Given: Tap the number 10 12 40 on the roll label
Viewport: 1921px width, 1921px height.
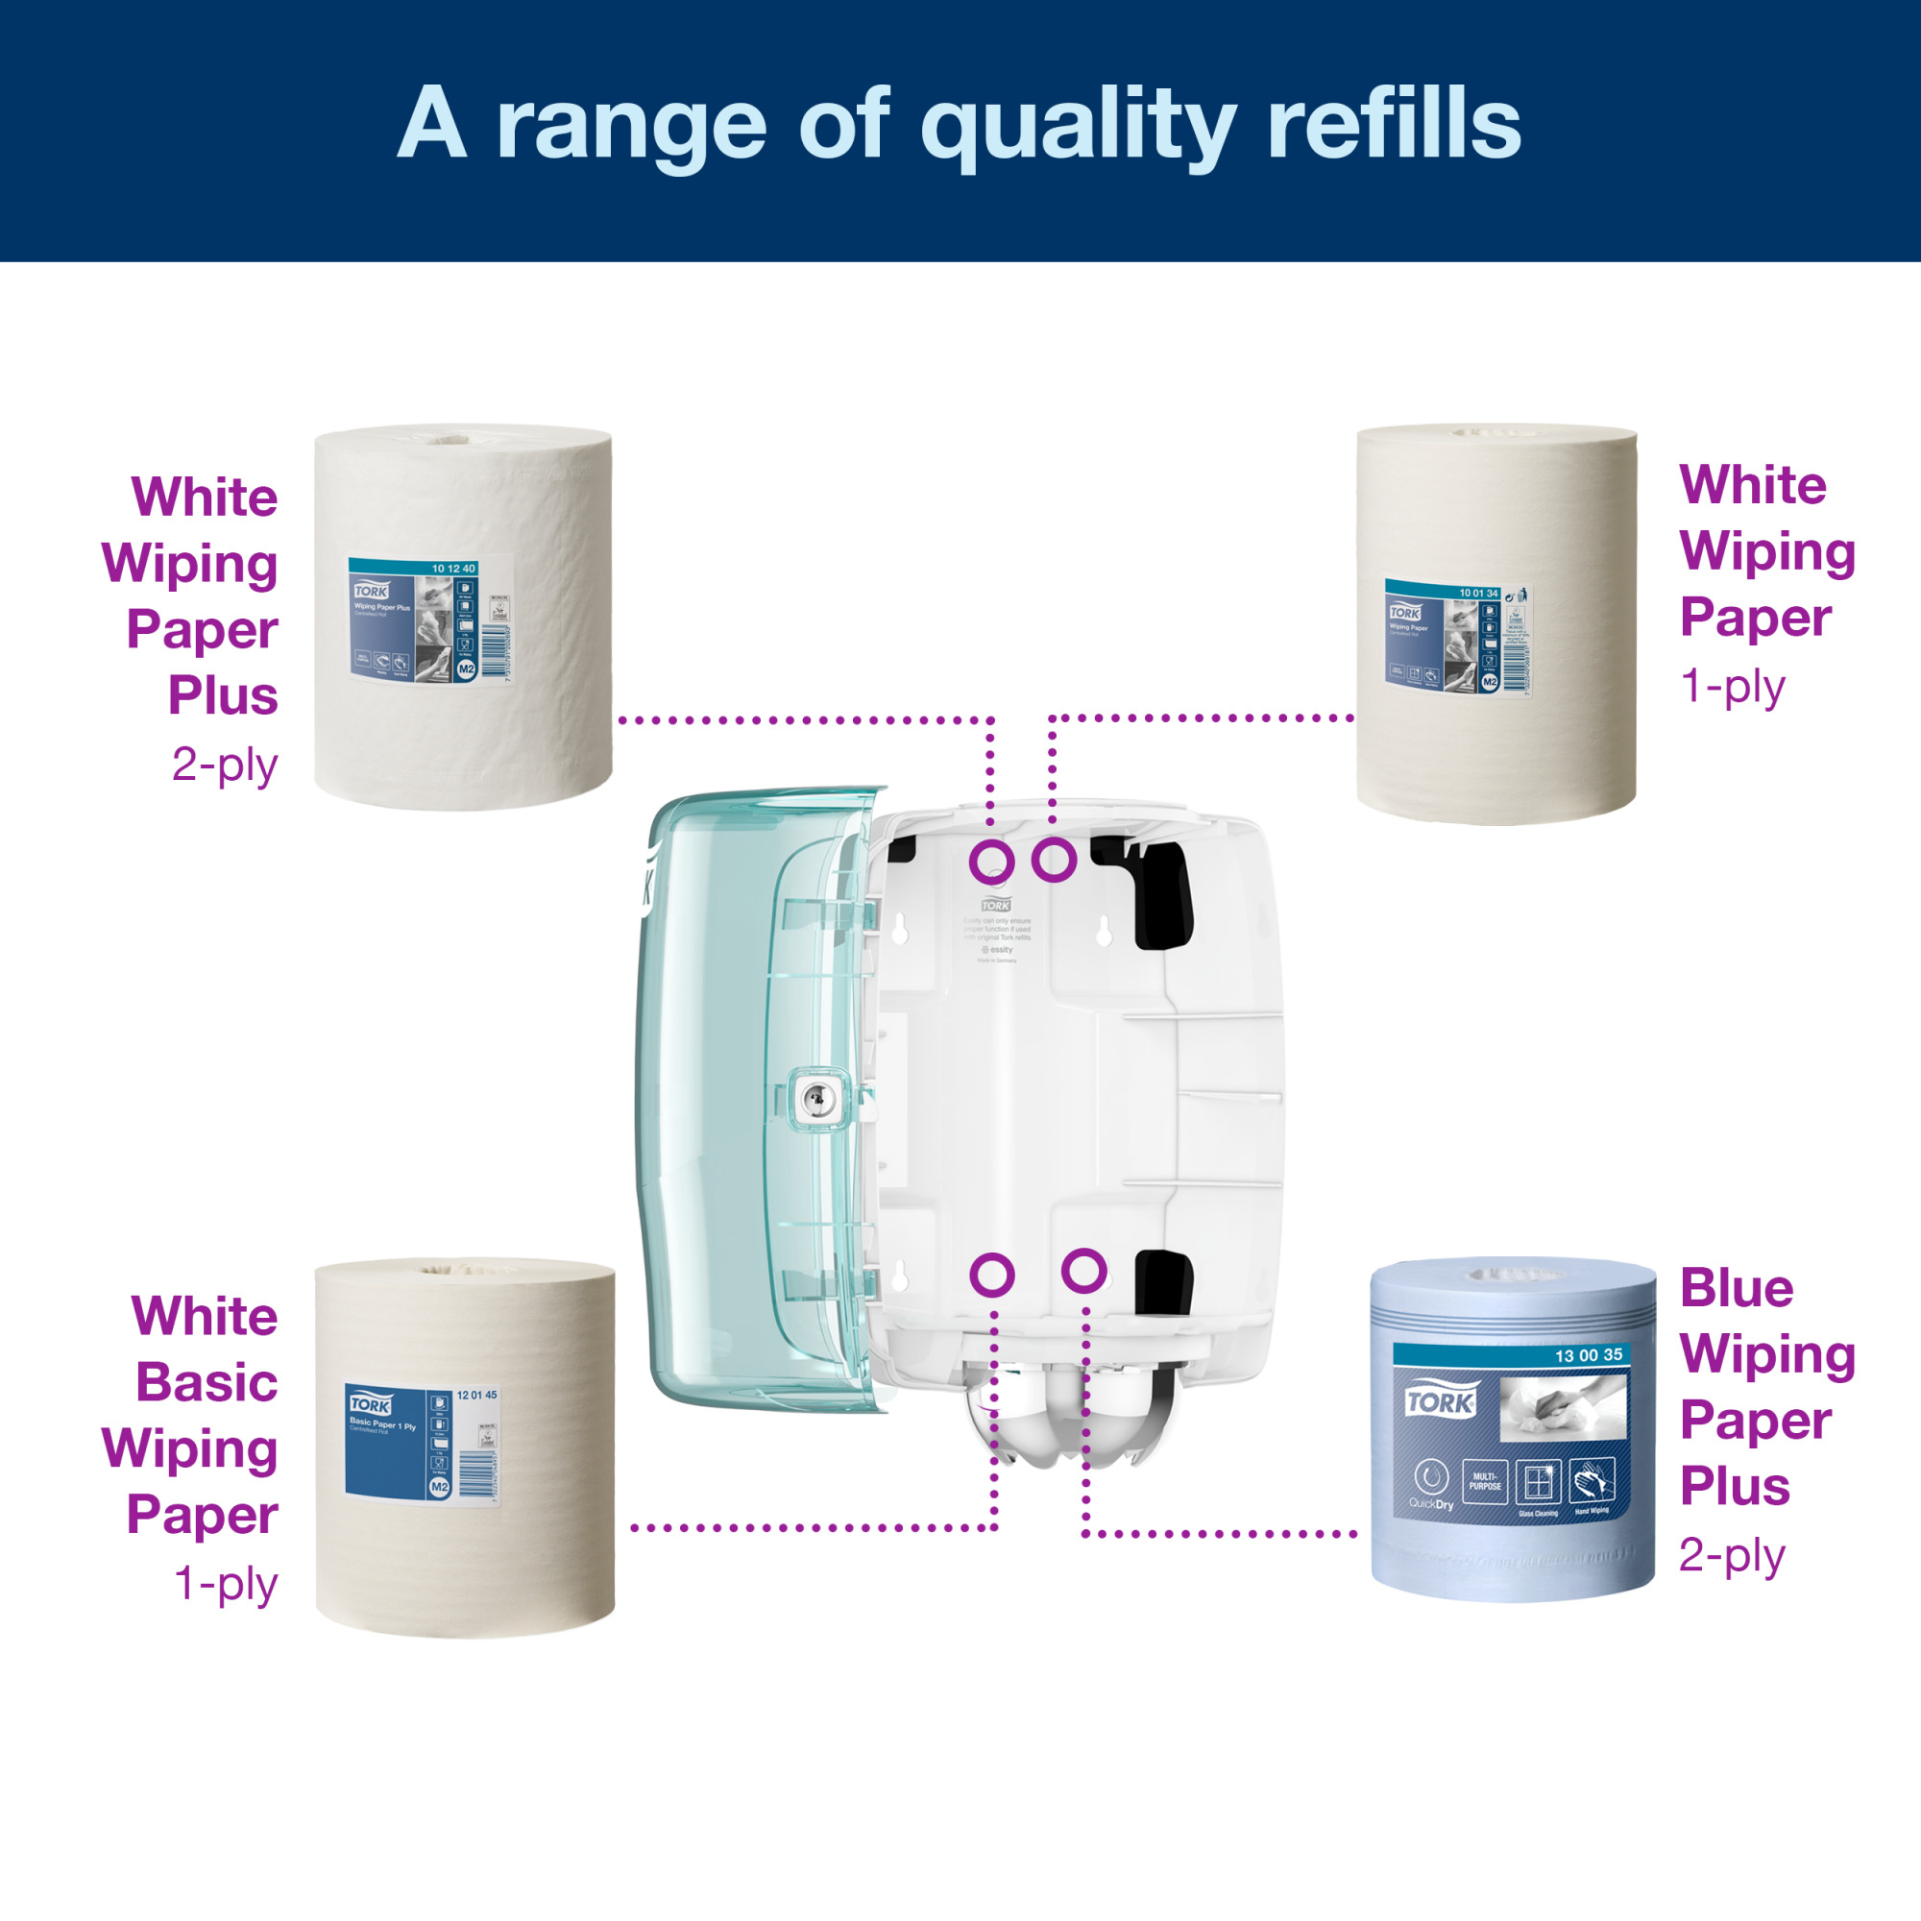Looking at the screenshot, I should click(453, 569).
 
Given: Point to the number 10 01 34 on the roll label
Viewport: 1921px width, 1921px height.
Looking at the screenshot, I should click(1477, 593).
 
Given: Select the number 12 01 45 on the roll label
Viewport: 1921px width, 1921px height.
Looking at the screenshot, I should click(476, 1395).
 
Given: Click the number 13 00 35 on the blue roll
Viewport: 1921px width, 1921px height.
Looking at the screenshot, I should click(1588, 1355).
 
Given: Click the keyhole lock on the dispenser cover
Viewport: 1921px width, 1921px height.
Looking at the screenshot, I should click(816, 1098).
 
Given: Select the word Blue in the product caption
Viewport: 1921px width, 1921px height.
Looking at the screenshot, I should click(1736, 1290).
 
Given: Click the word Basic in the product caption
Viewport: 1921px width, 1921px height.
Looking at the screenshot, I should click(207, 1383).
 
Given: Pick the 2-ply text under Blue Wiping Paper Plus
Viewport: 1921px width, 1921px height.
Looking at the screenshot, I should click(1731, 1556).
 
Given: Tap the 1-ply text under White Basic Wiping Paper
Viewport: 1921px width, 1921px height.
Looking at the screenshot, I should click(226, 1584).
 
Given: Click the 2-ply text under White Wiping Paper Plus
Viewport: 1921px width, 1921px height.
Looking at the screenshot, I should click(225, 765).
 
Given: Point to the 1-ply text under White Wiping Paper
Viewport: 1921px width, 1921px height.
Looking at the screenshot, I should click(1732, 686).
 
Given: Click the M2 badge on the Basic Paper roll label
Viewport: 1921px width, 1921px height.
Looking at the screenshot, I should click(440, 1487).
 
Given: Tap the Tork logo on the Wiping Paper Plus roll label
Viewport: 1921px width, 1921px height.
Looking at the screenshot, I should click(371, 591).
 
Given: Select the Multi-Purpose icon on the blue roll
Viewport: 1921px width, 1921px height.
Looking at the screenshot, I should click(1486, 1481).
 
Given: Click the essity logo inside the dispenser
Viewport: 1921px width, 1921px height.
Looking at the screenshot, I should click(997, 950).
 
